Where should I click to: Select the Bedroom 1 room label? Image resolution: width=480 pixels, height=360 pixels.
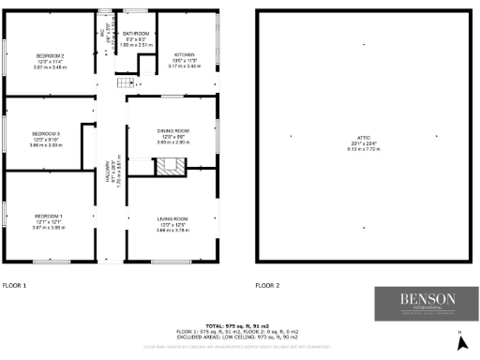[x=48, y=215]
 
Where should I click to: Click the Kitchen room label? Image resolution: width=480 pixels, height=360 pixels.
[x=184, y=55]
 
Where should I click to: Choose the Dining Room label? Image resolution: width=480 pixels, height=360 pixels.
[x=173, y=130]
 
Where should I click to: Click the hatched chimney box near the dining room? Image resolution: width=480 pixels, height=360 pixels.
[x=170, y=166]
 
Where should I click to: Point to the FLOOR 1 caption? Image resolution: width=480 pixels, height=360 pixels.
[x=15, y=284]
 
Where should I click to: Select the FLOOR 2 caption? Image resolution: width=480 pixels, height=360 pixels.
[x=268, y=284]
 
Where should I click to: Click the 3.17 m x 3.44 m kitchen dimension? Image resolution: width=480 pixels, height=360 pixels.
[x=184, y=67]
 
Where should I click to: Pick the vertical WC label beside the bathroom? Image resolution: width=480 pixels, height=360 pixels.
[x=103, y=35]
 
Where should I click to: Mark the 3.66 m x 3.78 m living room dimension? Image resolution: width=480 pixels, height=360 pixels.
[x=172, y=230]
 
